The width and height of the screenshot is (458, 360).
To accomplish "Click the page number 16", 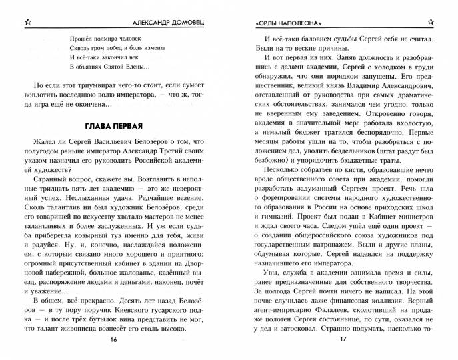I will [114, 340].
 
